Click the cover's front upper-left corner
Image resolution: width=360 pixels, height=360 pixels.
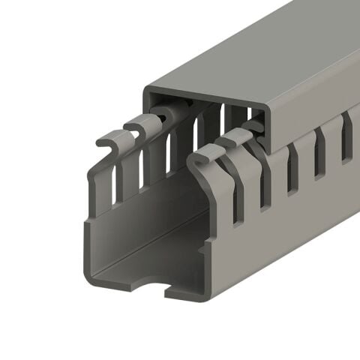coord(145,89)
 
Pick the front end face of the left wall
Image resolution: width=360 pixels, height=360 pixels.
coord(89,225)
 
